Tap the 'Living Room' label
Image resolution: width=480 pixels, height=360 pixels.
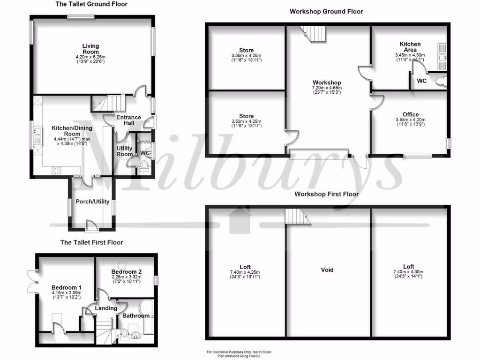point(91,49)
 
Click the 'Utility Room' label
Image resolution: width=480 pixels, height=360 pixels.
point(125,151)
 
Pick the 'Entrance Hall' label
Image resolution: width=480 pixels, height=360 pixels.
point(129,120)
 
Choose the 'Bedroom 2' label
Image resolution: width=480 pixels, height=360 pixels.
point(127,272)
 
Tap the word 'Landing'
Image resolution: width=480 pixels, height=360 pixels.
point(106,308)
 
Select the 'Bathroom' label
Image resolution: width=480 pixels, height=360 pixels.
point(136,316)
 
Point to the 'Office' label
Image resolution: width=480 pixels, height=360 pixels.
point(411,115)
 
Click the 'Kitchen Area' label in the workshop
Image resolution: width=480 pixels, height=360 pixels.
point(410,47)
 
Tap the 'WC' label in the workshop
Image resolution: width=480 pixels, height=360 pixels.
point(421,81)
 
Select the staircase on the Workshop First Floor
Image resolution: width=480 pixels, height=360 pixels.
point(296,217)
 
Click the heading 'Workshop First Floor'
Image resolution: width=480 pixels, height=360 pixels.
point(326,194)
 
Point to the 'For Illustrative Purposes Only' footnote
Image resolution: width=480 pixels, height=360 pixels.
point(239,352)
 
